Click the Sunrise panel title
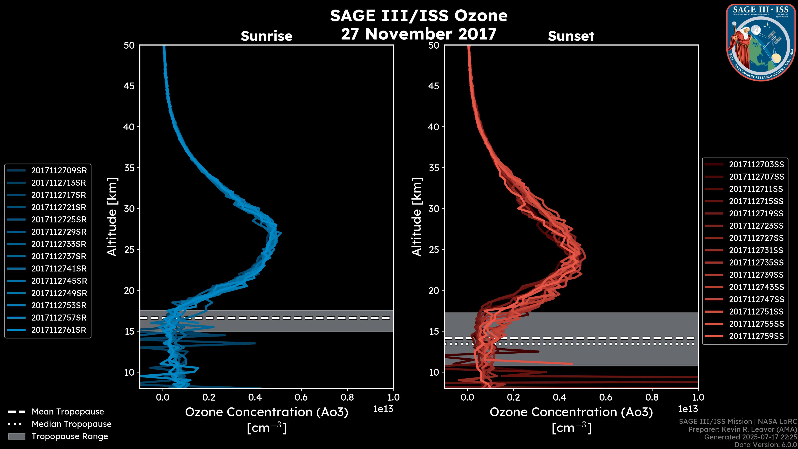tap(266, 36)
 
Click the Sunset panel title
tap(571, 36)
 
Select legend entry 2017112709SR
tap(59, 170)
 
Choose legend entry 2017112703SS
tap(756, 164)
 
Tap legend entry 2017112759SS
tap(756, 336)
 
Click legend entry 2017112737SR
tap(59, 256)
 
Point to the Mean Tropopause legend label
tap(68, 412)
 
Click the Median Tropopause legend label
tap(71, 424)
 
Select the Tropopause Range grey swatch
tap(17, 436)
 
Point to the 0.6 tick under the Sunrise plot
tap(301, 397)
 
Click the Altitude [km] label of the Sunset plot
tap(417, 217)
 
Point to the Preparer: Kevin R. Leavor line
tap(742, 429)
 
